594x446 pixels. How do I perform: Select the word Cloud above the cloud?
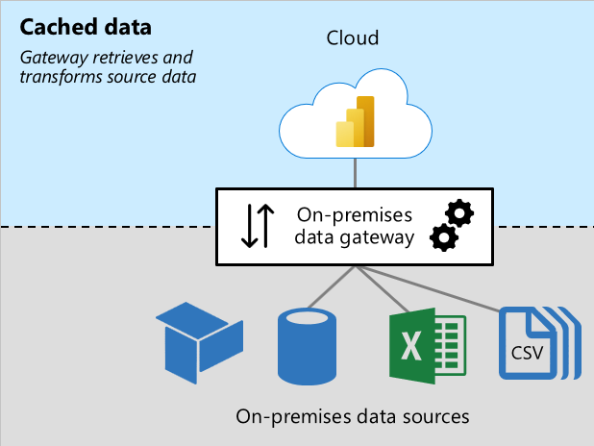click(x=353, y=39)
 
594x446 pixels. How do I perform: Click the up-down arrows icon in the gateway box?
click(x=258, y=225)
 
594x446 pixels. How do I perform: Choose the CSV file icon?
click(x=532, y=343)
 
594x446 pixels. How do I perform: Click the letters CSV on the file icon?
click(x=527, y=353)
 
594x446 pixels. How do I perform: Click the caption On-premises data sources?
click(x=352, y=416)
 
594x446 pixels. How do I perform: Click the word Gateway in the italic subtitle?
click(x=51, y=58)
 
